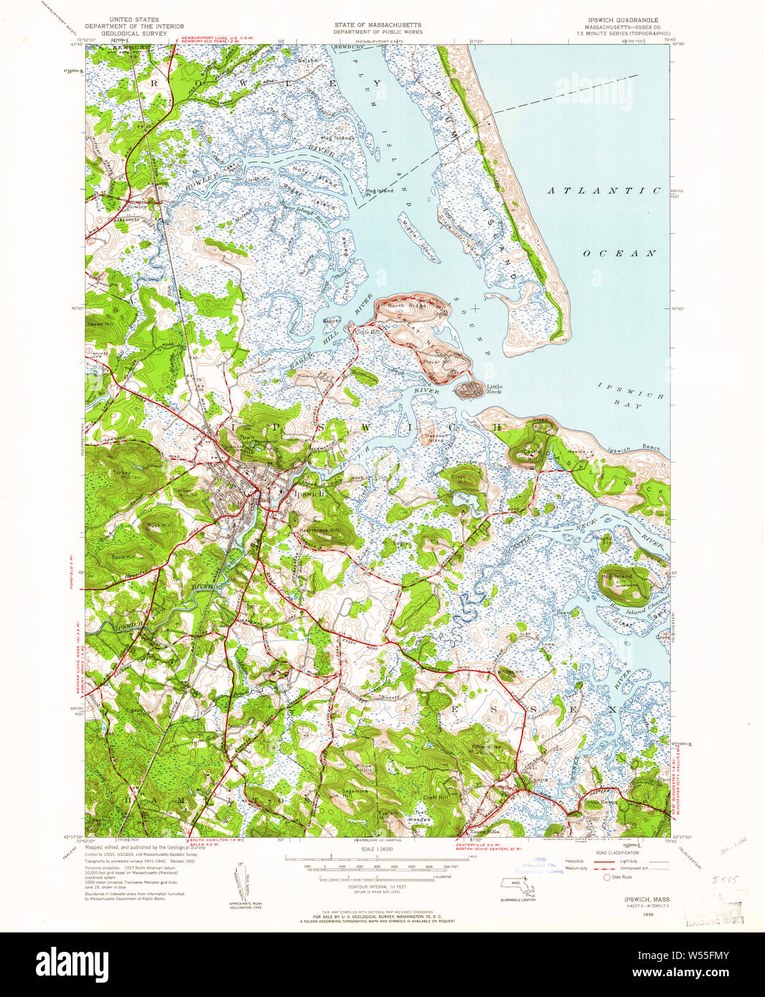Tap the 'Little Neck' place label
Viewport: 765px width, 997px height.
point(494,389)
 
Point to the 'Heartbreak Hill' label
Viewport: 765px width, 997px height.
point(319,529)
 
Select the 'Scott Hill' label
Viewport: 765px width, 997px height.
point(124,556)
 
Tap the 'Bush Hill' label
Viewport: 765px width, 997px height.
point(159,526)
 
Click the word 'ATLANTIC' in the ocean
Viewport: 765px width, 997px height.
point(604,191)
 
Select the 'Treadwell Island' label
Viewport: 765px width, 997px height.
point(436,438)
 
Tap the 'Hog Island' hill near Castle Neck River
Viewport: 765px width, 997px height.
point(618,577)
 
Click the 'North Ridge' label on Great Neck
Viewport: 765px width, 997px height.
point(406,306)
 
